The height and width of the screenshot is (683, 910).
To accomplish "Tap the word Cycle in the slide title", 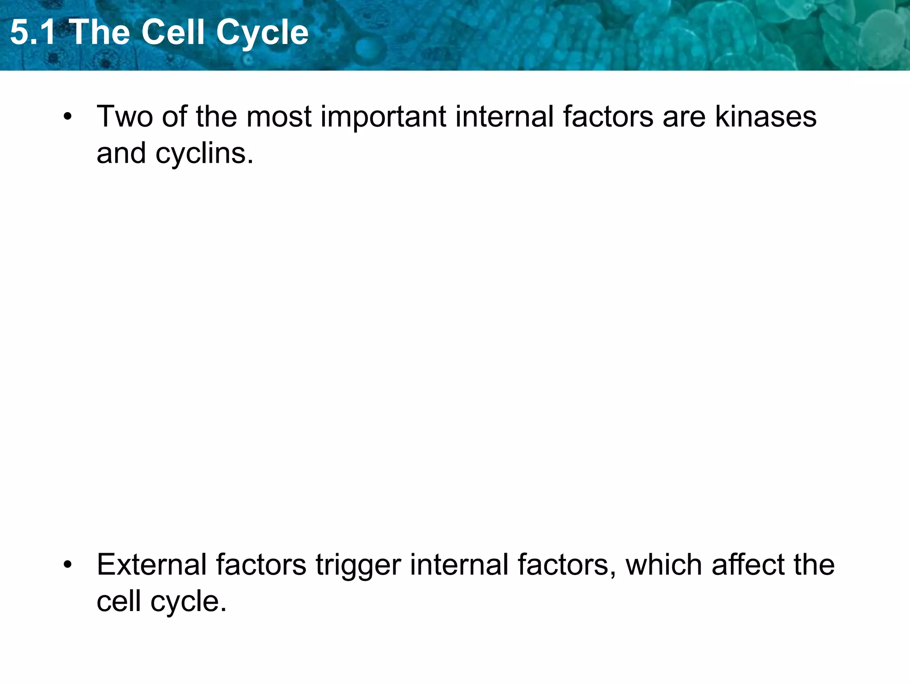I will point(262,32).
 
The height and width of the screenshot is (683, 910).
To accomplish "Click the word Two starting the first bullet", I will point(124,117).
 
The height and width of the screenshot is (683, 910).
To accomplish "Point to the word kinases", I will point(765,117).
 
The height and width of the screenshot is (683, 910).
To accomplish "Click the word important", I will point(383,117).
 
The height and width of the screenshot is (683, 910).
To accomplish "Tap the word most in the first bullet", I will point(279,117).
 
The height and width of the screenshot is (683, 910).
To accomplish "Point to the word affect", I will point(748,565).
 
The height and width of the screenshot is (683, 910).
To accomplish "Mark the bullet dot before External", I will point(68,566).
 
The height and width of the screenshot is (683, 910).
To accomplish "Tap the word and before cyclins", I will point(121,153).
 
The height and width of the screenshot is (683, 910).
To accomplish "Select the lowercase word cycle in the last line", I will point(188,602).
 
